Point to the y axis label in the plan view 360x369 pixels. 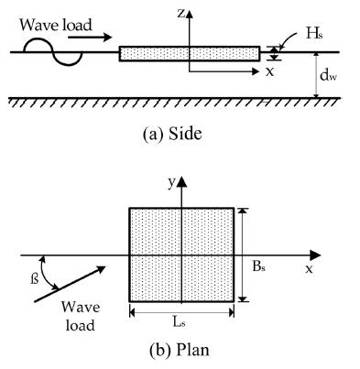(x=170, y=182)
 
